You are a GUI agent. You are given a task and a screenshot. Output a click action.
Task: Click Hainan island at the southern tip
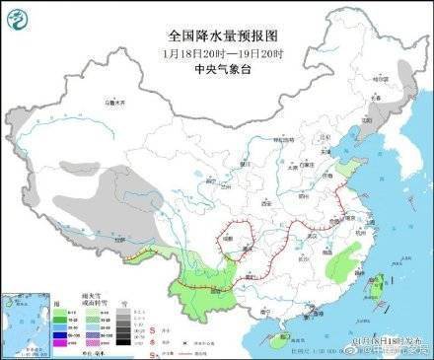click(281, 342)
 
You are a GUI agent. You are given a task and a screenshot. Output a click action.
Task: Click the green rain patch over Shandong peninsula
click(347, 172)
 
